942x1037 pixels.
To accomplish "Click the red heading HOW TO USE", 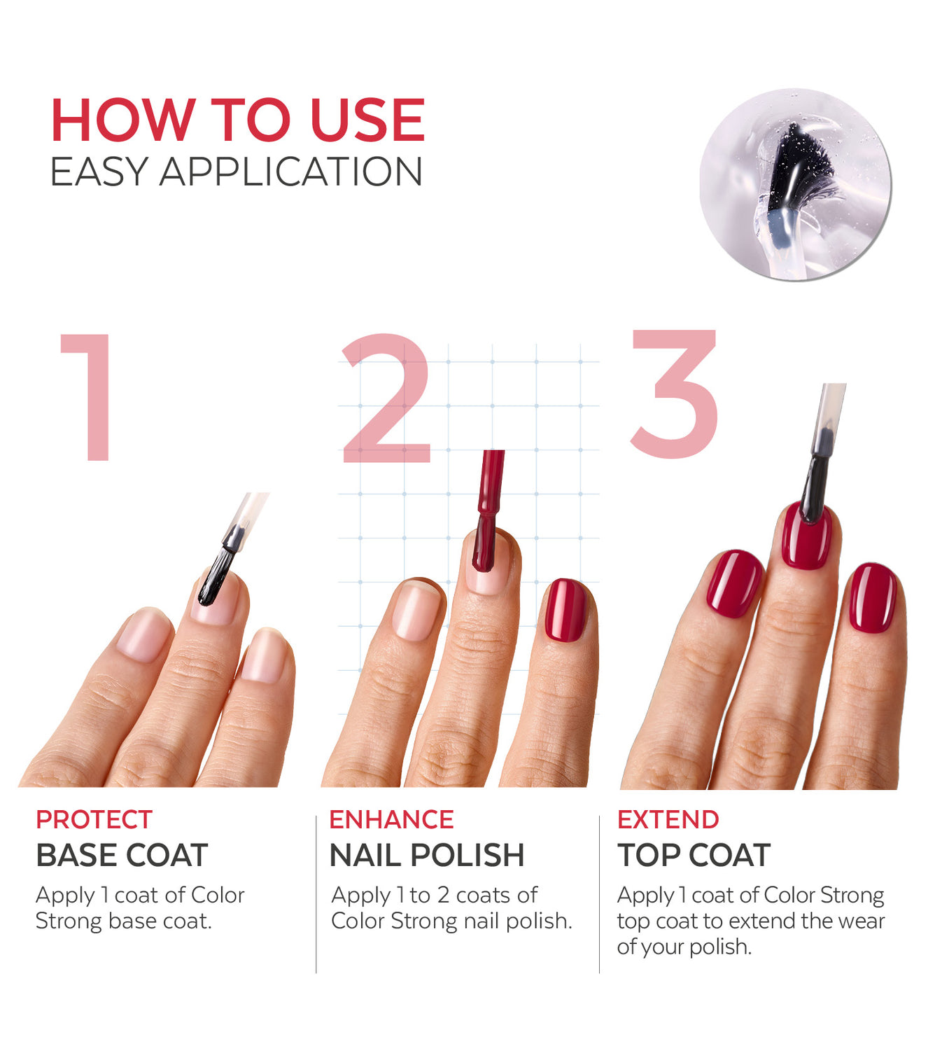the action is coord(238,120).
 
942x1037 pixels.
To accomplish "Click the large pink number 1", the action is coord(87,397).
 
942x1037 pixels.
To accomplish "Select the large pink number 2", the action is coord(386,398).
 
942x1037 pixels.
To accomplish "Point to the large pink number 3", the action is coord(675,394).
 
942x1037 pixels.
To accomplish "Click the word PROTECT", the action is coord(94,819).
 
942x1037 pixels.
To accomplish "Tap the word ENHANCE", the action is coord(391,819).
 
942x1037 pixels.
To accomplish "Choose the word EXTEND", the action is coord(668,819).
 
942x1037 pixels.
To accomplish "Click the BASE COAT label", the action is coord(122,855).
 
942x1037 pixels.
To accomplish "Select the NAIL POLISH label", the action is coord(427,855).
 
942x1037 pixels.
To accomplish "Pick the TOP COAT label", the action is coord(694,855).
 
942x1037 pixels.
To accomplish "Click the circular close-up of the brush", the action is coord(795,185).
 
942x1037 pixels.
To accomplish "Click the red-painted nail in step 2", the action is coord(565,610).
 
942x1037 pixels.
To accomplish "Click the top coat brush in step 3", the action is coord(822,453).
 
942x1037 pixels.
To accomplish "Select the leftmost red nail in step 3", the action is coord(734,583).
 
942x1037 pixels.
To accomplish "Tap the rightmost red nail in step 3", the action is coord(873,597).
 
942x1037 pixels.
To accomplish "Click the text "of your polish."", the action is coord(684,947).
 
